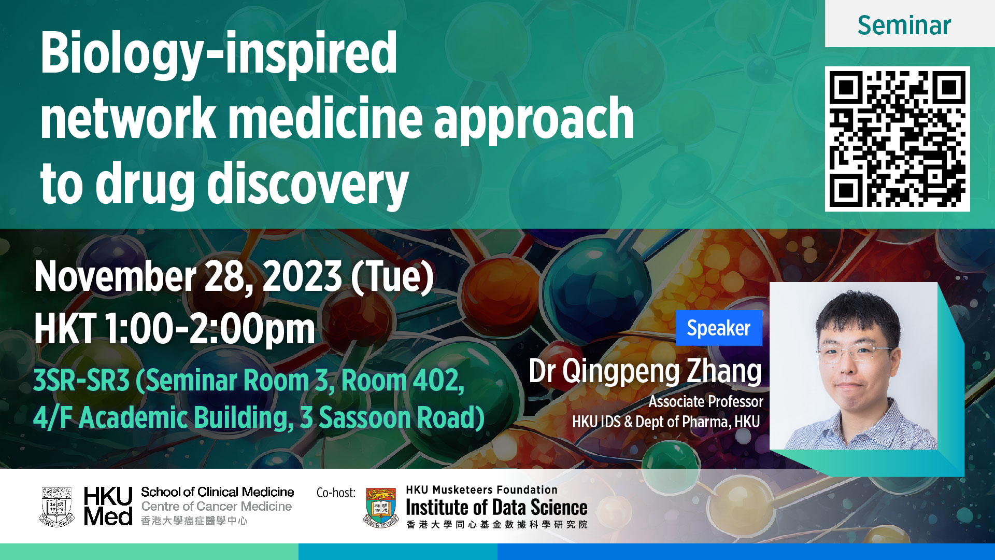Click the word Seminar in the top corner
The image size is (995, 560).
(x=904, y=25)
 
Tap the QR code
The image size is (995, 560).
(x=897, y=138)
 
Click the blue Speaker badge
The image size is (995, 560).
(x=719, y=328)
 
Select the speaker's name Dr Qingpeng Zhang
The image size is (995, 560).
(x=645, y=371)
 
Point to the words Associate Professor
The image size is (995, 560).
(x=706, y=401)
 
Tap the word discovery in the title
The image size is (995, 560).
(x=308, y=185)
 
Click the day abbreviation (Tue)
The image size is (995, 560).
(x=392, y=277)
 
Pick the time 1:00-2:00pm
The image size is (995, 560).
(x=210, y=330)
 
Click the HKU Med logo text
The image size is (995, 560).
(x=108, y=506)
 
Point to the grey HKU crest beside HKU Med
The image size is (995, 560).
(x=56, y=507)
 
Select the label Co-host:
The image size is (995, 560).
(x=336, y=493)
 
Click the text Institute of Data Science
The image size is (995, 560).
(x=496, y=507)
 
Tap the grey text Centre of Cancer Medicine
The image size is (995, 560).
(x=217, y=506)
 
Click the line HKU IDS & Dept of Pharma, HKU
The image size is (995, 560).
(x=666, y=422)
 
